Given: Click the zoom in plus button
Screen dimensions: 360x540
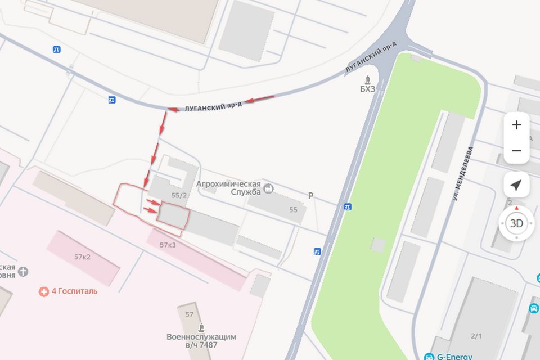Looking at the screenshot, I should click(516, 125).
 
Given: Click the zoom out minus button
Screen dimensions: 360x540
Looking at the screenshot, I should click(516, 151).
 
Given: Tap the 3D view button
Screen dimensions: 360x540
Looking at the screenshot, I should click(516, 223).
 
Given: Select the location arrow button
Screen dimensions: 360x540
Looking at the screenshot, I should click(516, 185).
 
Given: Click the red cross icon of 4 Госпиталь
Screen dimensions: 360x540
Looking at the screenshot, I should click(43, 291).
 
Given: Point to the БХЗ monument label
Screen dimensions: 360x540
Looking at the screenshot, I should click(367, 88).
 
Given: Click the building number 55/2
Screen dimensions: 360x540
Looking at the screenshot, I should click(179, 195).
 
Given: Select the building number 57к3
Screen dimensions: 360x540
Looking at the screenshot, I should click(168, 245).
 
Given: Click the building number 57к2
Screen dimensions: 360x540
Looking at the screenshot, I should click(82, 256).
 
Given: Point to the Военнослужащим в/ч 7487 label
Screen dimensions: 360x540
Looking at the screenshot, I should click(201, 341).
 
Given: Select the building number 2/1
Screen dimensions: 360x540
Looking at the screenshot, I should click(476, 336).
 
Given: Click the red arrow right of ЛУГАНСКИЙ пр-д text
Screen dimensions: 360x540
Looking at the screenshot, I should click(261, 100).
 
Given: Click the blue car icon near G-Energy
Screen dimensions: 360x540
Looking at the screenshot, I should click(533, 308).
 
